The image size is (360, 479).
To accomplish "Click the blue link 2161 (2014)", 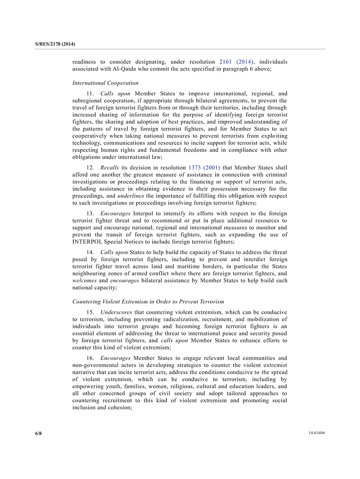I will (236, 62).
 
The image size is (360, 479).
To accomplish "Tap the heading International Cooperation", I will (105, 83).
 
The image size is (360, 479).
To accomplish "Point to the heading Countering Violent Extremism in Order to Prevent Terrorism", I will (148, 301).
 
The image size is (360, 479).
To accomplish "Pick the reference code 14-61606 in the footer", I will (316, 433).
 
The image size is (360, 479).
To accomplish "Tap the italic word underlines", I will (131, 196).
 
